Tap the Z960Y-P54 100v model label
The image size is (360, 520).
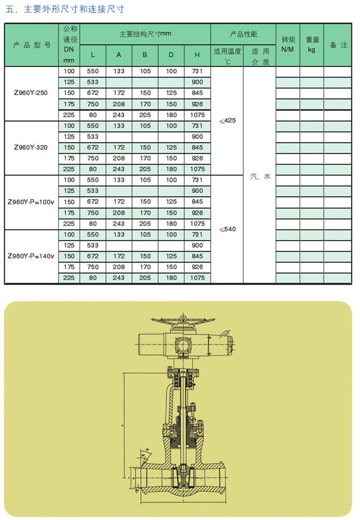[x=31, y=202]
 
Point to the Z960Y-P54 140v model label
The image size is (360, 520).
[x=31, y=256]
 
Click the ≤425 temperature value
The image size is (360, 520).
[x=227, y=120]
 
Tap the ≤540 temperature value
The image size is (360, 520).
[x=227, y=229]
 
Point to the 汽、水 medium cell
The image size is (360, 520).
[x=260, y=176]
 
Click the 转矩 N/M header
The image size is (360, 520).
[x=287, y=45]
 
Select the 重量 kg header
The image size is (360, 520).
[x=312, y=45]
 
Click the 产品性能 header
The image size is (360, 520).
[x=243, y=34]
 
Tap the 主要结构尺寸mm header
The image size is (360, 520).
[x=145, y=34]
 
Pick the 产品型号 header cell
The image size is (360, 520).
[x=32, y=45]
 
